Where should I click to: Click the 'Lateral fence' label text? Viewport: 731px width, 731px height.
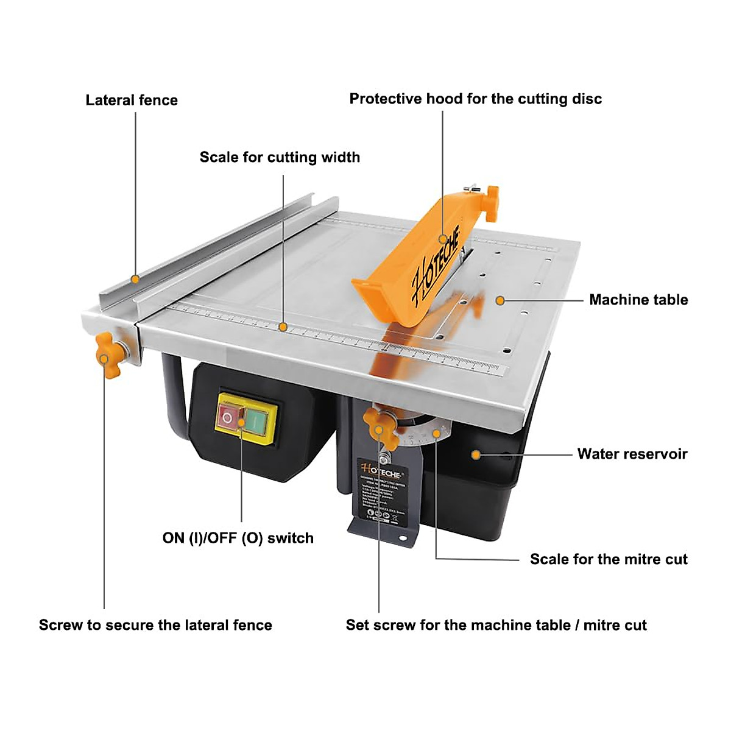(x=132, y=100)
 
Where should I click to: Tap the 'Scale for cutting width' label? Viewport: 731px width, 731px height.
(x=280, y=157)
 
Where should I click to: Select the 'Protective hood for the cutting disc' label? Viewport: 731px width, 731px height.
(x=475, y=99)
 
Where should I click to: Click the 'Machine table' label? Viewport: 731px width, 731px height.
(x=638, y=300)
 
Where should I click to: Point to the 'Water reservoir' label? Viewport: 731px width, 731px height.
(x=632, y=454)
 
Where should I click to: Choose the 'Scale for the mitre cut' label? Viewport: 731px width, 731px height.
(x=608, y=559)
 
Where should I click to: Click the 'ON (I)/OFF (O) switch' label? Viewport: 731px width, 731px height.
(x=238, y=538)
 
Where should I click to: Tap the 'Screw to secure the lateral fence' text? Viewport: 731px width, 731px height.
(x=155, y=625)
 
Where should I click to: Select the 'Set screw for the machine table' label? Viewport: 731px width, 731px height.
(x=496, y=625)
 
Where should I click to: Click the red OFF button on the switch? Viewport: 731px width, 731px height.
(x=227, y=418)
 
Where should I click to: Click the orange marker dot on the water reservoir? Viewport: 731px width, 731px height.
(x=476, y=454)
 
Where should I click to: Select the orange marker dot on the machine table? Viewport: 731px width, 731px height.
(x=500, y=300)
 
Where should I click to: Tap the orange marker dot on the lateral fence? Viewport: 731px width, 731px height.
(x=135, y=280)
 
